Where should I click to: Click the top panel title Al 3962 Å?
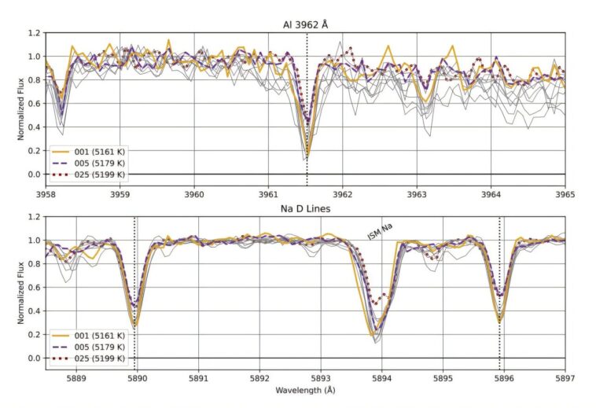[305, 24]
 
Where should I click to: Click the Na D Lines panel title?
[305, 208]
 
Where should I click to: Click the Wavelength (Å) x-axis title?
[305, 390]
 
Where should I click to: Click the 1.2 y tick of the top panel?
[34, 33]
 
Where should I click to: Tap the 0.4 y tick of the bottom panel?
[34, 311]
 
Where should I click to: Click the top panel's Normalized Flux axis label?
[21, 104]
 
